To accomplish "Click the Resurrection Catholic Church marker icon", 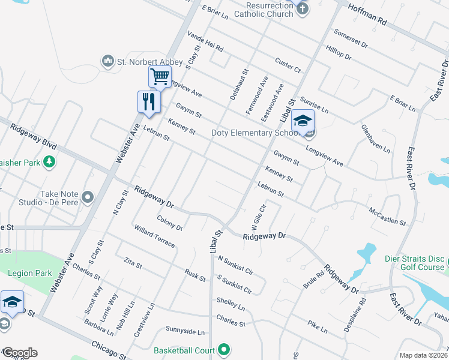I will [303, 8].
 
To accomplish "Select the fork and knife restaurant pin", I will [148, 101].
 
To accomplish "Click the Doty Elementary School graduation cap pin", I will [303, 120].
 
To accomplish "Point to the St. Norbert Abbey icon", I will [108, 61].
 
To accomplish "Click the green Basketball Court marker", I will [224, 349].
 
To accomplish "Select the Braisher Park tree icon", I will [49, 161].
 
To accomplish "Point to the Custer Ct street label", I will [287, 65].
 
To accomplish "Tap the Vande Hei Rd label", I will [205, 40].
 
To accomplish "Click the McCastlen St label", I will [387, 216].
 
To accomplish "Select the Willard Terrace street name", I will [155, 237].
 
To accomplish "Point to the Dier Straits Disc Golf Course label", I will [415, 263].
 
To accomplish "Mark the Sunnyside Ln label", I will [185, 331].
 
